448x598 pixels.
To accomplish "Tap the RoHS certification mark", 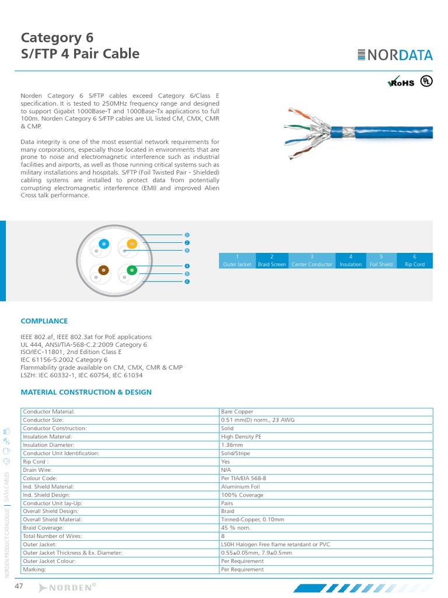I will click(401, 82).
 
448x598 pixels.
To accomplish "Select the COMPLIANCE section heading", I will click(44, 321).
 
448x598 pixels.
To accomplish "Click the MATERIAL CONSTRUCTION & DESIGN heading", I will click(86, 392).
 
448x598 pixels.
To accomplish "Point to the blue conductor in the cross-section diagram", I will click(104, 244).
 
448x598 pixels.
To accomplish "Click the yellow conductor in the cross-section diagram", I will click(132, 244).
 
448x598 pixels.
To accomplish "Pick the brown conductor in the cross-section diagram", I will click(104, 270).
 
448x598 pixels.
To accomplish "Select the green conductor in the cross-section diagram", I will click(132, 270).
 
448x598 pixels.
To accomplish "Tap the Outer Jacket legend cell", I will click(237, 260).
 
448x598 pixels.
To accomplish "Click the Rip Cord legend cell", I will click(414, 260).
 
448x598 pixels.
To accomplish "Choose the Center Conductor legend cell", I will click(311, 260).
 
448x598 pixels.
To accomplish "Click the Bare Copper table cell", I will click(237, 412).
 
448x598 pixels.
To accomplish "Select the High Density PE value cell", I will click(241, 436).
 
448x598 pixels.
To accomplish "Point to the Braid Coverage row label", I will click(44, 527).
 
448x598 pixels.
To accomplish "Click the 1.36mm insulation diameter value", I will click(232, 444).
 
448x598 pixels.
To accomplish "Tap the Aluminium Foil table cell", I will click(240, 486).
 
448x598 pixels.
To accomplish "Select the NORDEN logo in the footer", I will click(68, 587).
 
